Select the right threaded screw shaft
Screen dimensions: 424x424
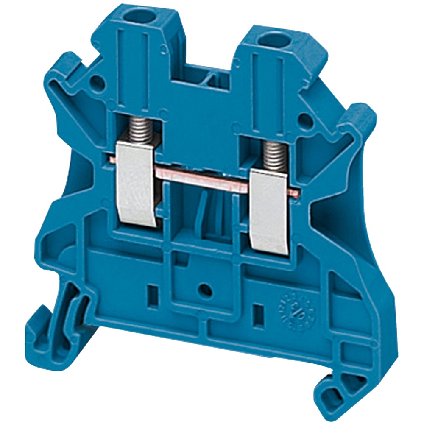[274, 155]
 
